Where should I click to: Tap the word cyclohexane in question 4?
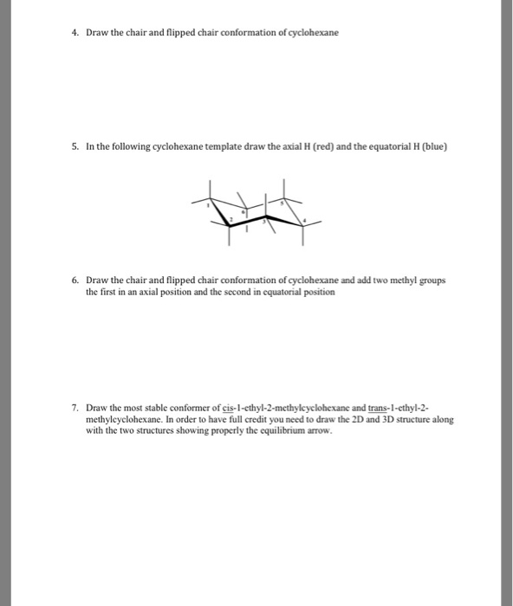click(312, 33)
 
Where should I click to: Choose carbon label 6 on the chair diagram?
click(243, 210)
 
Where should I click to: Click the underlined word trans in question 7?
click(378, 407)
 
